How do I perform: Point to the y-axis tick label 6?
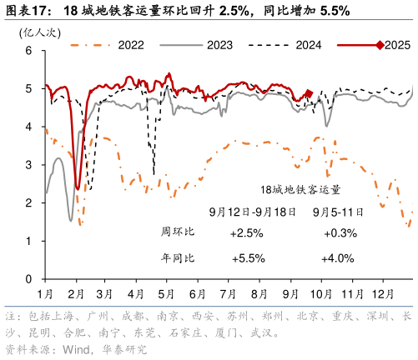[x=28, y=50]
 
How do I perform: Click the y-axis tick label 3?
[x=28, y=165]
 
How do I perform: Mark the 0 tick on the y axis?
[x=28, y=279]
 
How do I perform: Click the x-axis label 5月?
[x=166, y=293]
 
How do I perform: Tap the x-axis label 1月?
[x=45, y=293]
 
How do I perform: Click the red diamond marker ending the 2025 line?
[x=309, y=94]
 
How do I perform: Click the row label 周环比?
[x=178, y=231]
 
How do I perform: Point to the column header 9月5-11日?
[x=337, y=211]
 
